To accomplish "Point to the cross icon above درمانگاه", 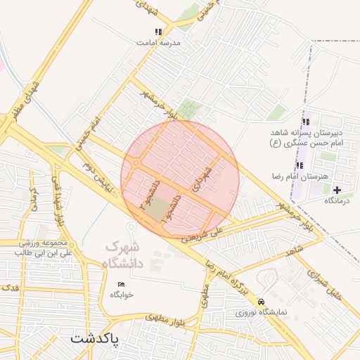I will pos(337,190).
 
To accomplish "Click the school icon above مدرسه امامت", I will pos(158,32).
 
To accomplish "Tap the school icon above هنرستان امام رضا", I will pos(300,166).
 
